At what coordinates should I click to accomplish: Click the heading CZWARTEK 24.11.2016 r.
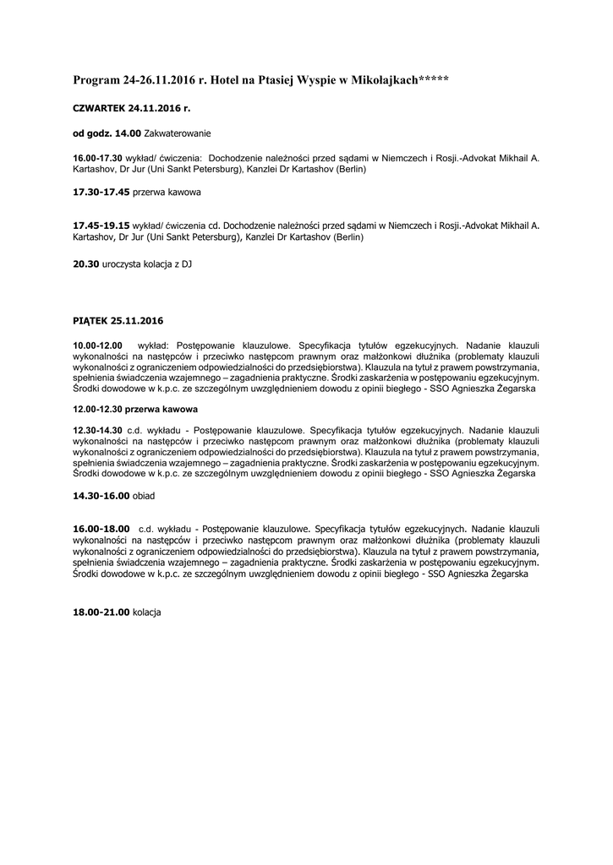point(131,109)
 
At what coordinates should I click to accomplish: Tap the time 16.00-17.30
point(98,158)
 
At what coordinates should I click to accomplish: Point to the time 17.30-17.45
point(101,193)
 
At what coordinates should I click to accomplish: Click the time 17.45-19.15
point(101,226)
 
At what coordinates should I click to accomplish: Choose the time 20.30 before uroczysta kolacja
point(86,264)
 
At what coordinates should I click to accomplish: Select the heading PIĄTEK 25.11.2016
point(118,321)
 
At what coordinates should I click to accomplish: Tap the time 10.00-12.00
point(98,345)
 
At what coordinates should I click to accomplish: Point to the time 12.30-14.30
point(98,429)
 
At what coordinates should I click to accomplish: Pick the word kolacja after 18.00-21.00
point(147,611)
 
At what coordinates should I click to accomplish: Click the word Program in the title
point(96,80)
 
